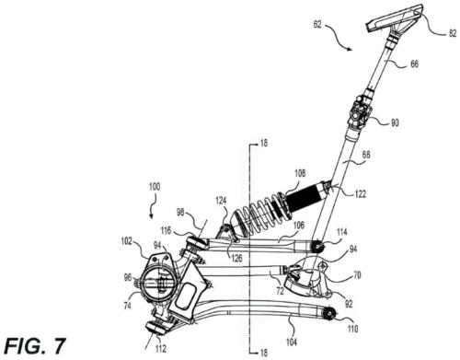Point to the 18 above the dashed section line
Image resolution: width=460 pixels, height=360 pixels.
click(x=262, y=144)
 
